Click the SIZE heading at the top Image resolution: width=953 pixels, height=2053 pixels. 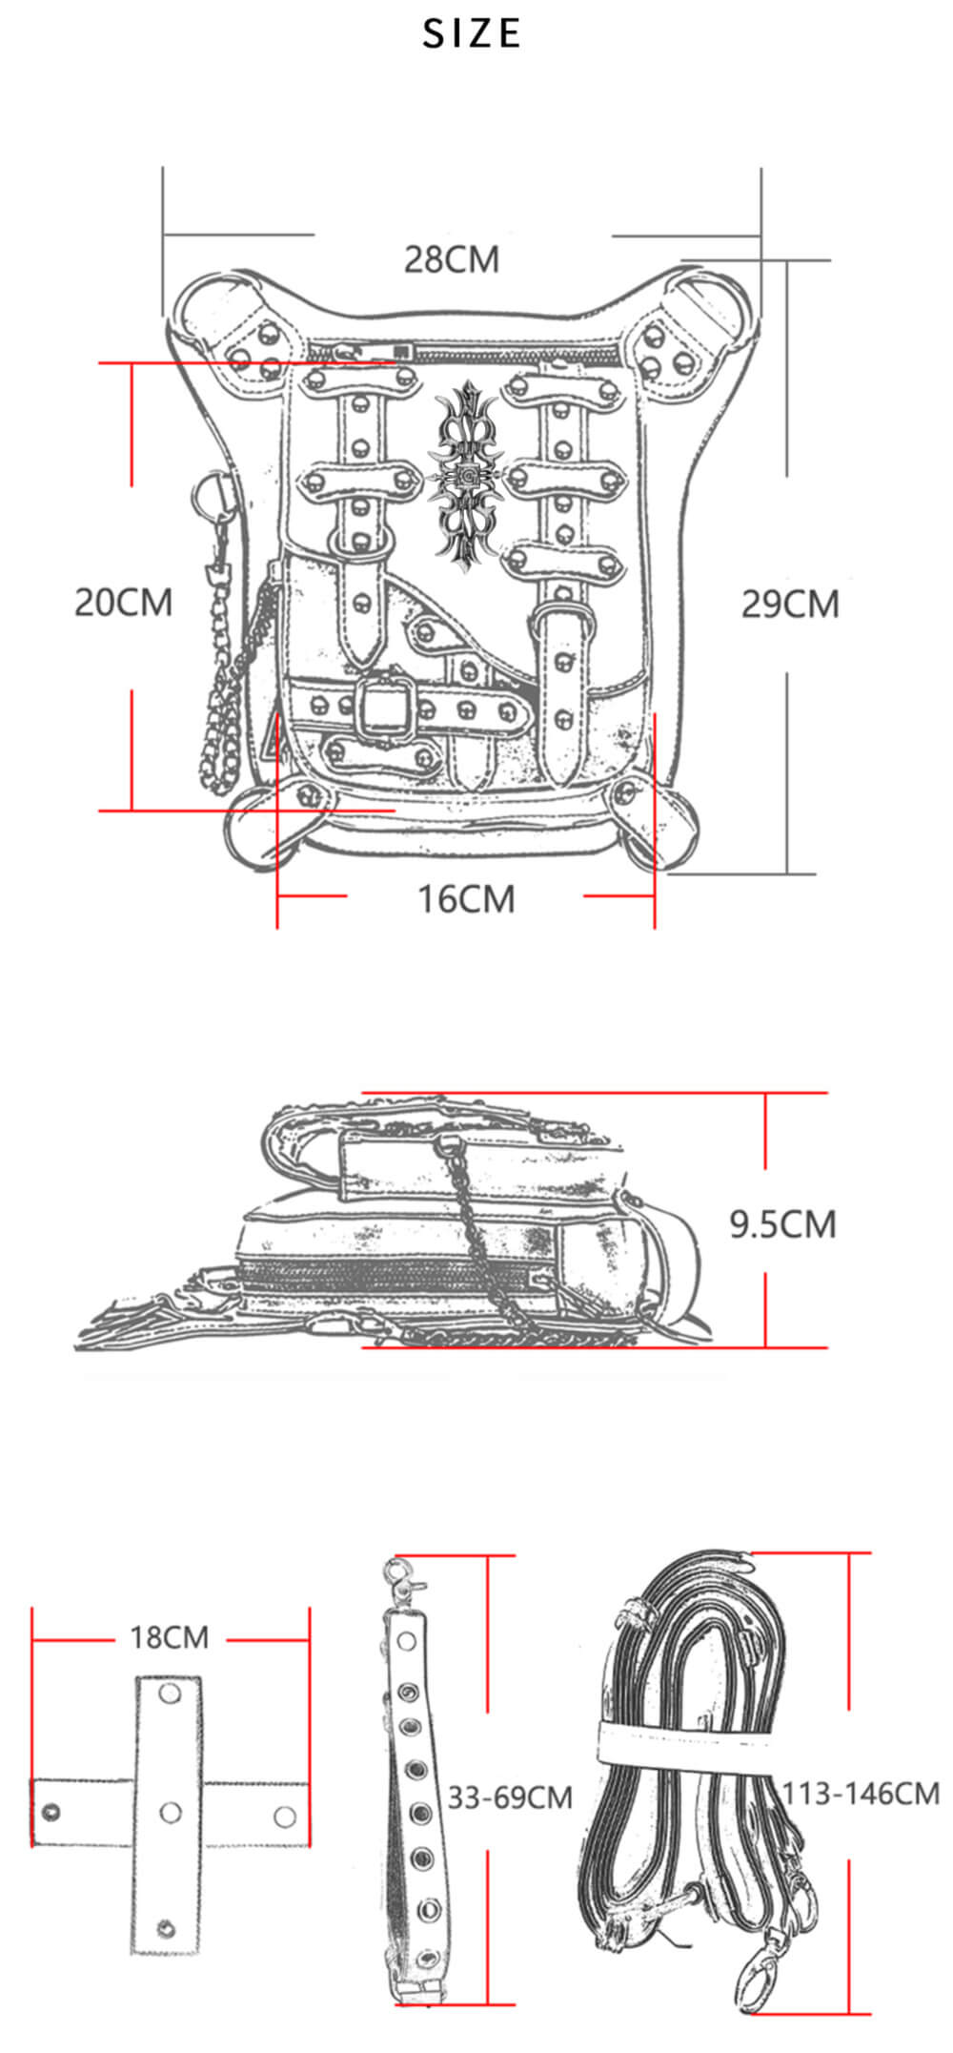point(472,34)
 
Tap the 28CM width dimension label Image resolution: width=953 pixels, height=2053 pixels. point(451,259)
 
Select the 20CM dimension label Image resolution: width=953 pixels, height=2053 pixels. point(124,603)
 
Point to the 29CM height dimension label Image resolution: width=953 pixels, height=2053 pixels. point(790,605)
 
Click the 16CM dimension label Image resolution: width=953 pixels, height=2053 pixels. point(466,899)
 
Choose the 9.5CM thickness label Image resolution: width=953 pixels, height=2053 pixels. point(782,1224)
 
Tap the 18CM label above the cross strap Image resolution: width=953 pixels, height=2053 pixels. point(169,1637)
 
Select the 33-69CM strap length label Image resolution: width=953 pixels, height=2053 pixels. point(510,1797)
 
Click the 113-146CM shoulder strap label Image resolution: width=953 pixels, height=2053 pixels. point(861,1794)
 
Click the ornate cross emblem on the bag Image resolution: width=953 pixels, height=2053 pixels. point(467,477)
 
